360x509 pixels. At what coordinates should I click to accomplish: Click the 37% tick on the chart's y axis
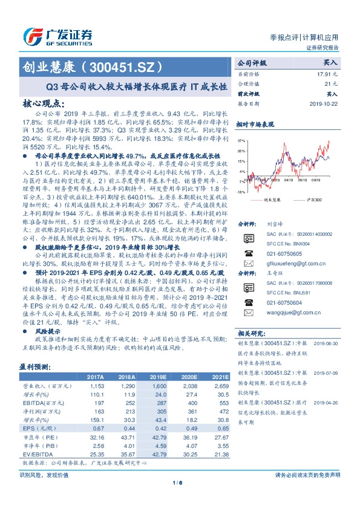click(x=241, y=140)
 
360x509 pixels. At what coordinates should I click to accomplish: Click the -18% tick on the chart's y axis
click(x=241, y=192)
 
